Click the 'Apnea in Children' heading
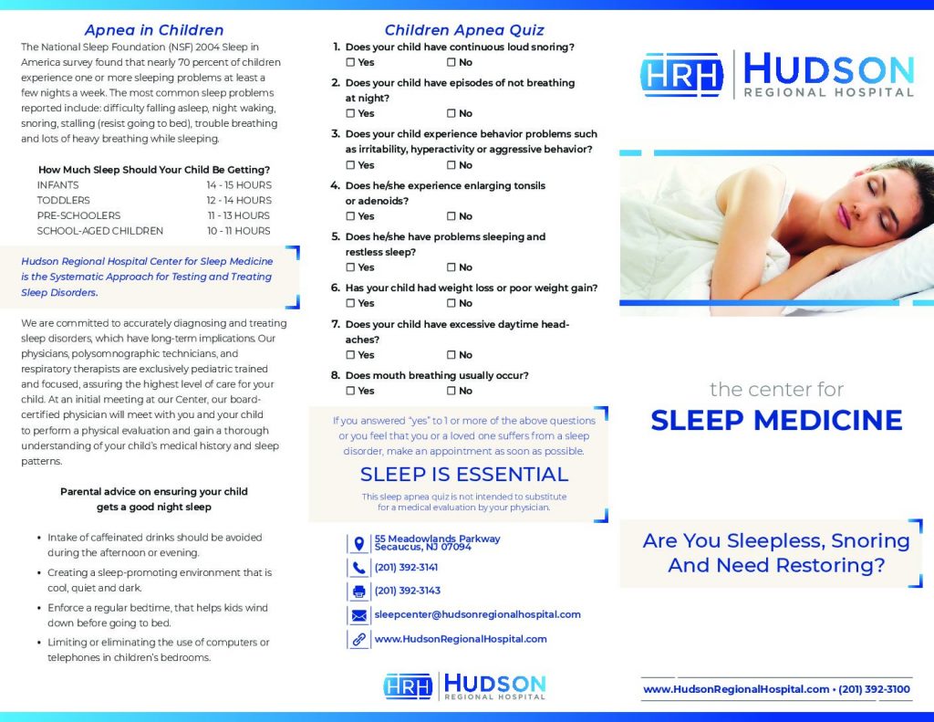153,30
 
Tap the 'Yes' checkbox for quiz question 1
351,63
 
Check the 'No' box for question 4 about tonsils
451,216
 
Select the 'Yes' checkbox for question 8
351,391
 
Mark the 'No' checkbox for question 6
451,303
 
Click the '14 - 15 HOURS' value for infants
238,184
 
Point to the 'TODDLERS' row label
63,200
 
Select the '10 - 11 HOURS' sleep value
239,231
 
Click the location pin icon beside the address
358,544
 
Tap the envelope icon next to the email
358,615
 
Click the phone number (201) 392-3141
407,567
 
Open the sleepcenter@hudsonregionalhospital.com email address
477,614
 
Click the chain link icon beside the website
358,639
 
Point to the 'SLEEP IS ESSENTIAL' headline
463,475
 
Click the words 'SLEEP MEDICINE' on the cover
776,420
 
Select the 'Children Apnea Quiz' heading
463,30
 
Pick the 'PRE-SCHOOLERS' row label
78,215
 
